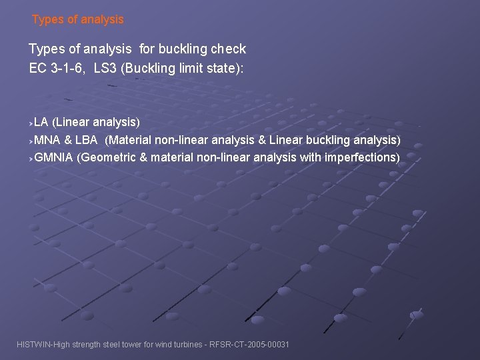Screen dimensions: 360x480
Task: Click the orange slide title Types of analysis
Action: point(78,19)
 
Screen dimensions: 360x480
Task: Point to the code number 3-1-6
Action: point(69,67)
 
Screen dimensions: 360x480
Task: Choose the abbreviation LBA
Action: point(85,140)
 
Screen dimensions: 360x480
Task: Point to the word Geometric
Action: point(110,157)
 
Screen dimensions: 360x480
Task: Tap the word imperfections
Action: point(364,157)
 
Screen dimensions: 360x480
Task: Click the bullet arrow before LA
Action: point(31,123)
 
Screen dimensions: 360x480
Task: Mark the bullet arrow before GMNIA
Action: point(31,159)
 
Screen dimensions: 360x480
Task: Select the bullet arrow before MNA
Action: point(31,141)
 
